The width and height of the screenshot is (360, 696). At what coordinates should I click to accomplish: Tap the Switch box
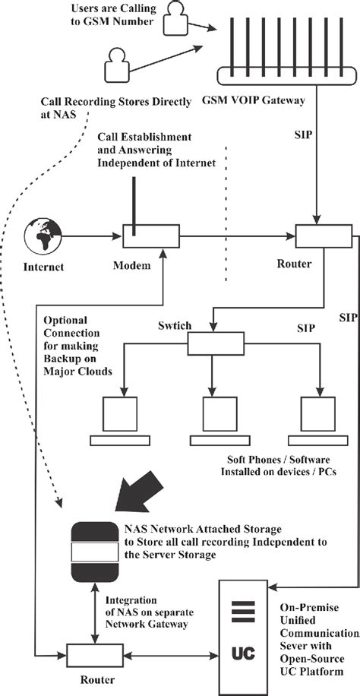pyautogui.click(x=213, y=344)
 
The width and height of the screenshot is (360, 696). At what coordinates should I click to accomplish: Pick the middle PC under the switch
pyautogui.click(x=215, y=422)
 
